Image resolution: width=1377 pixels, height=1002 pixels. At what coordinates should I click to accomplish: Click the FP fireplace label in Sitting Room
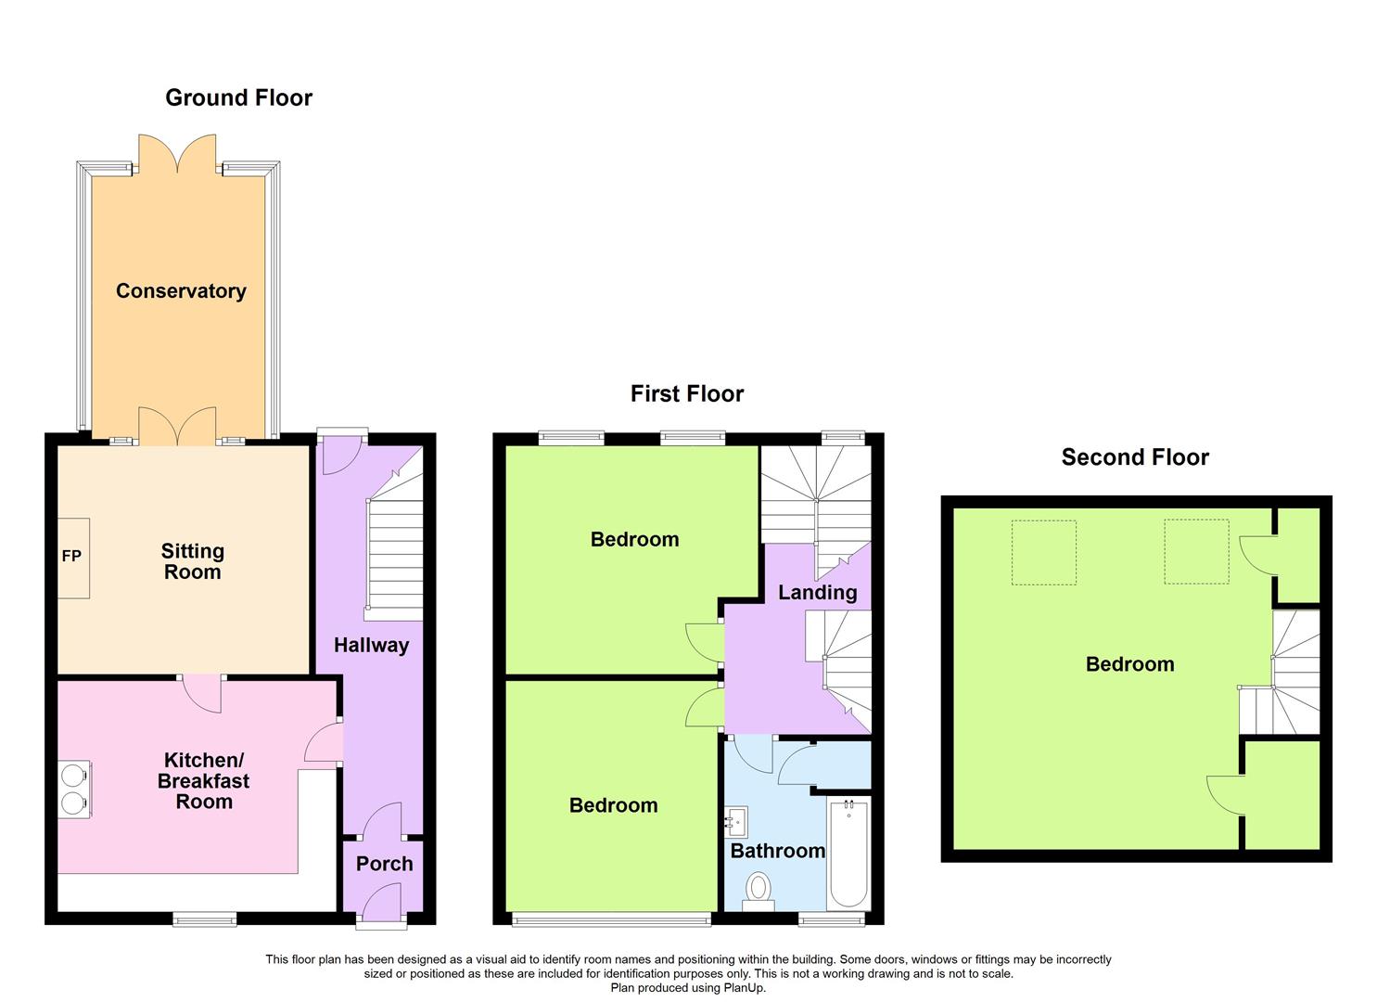pos(71,557)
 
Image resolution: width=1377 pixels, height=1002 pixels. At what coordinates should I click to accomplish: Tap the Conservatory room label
pos(181,290)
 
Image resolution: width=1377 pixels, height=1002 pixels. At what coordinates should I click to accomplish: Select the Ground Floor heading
pos(238,97)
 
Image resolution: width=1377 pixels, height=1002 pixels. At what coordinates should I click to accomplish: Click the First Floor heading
pos(686,393)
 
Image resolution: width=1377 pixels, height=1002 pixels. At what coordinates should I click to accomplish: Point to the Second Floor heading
pos(1134,456)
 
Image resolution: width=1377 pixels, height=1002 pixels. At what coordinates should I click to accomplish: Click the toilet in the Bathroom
pos(758,891)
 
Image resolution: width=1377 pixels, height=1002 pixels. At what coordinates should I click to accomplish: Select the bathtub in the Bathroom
pos(848,854)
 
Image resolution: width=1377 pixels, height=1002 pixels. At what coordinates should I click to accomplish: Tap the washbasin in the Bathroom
pos(736,822)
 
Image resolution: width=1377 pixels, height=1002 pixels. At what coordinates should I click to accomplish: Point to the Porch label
pos(384,863)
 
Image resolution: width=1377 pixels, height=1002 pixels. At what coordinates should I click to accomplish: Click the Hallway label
pos(371,645)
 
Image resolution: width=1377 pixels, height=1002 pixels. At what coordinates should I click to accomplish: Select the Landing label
pos(817,592)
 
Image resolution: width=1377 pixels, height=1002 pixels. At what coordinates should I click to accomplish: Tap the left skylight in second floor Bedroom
pos(1043,552)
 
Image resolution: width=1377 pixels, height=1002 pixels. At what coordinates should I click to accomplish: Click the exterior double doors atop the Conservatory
pos(177,151)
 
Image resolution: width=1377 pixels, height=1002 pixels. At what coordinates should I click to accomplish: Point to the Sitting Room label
pos(192,561)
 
